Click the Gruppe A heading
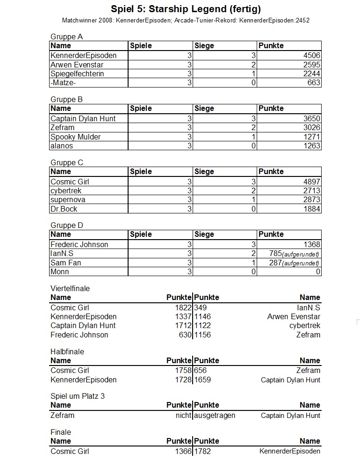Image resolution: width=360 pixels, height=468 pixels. point(66,37)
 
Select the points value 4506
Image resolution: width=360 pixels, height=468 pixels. point(311,55)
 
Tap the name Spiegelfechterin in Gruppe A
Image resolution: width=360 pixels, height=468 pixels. point(77,73)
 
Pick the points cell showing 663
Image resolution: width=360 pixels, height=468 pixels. point(314,83)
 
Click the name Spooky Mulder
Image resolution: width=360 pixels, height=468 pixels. point(76,137)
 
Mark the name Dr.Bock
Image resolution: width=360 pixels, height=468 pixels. point(64,209)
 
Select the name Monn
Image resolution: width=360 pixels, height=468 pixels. point(60,271)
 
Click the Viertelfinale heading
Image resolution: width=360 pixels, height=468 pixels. point(70,288)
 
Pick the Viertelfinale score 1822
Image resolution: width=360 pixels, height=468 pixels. point(183,307)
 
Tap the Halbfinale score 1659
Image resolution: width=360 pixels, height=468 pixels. point(202,380)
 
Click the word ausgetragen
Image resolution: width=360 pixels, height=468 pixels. point(215,415)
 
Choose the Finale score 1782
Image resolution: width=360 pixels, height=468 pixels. point(202,451)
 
